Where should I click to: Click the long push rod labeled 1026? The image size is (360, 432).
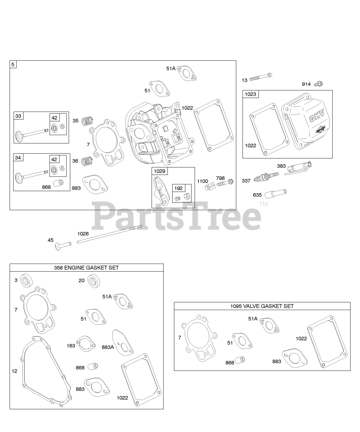coord(109,234)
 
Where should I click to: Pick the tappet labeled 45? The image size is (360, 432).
coord(64,244)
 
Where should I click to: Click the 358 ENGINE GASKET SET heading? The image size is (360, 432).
coord(86,268)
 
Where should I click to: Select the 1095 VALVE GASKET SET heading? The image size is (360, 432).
coord(262,306)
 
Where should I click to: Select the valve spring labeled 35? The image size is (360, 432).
coord(87,120)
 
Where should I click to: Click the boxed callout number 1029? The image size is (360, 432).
coord(160,171)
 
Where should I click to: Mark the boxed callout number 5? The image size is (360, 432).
coord(13,64)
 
